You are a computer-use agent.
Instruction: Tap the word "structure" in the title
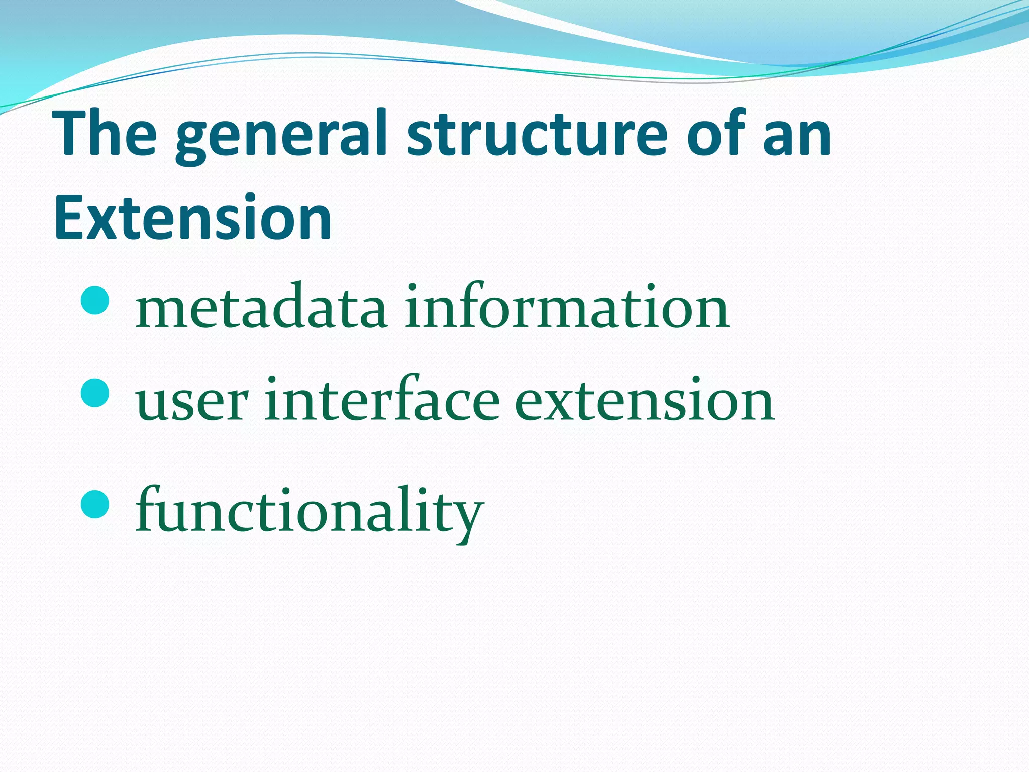pos(537,135)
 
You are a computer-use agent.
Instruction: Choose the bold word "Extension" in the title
pos(193,218)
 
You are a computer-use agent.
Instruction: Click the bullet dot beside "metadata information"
pos(94,300)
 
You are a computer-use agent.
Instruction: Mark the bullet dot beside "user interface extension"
pos(94,393)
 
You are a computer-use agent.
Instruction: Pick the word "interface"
pos(382,400)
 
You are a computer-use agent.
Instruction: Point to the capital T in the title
pos(70,134)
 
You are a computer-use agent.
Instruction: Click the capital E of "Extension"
pos(69,218)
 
